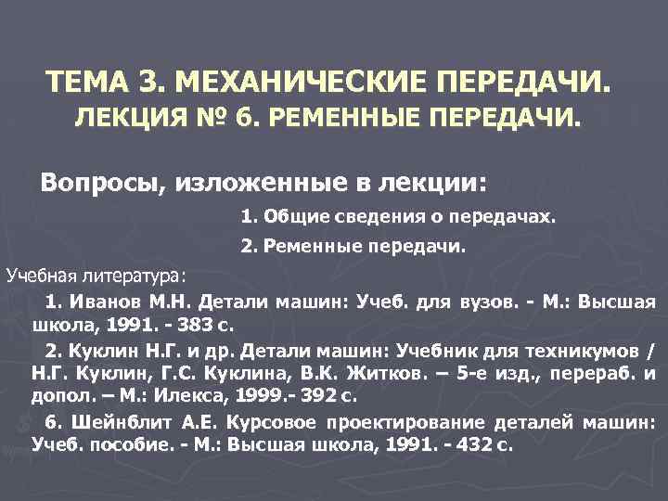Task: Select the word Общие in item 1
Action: tap(293, 218)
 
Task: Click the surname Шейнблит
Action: tap(122, 422)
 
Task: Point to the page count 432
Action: tap(477, 445)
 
